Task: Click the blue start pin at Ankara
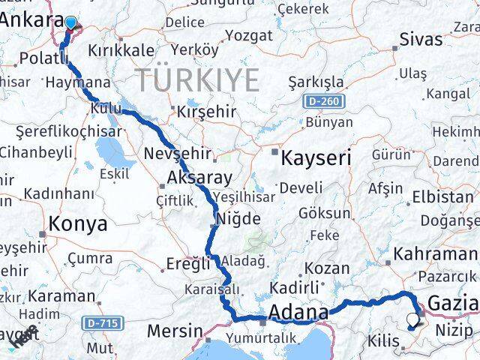pyautogui.click(x=70, y=23)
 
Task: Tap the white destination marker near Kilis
pyautogui.click(x=412, y=320)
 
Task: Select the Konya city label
pyautogui.click(x=78, y=223)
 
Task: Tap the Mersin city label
pyautogui.click(x=175, y=330)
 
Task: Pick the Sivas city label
pyautogui.click(x=421, y=39)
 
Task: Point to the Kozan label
pyautogui.click(x=328, y=268)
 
